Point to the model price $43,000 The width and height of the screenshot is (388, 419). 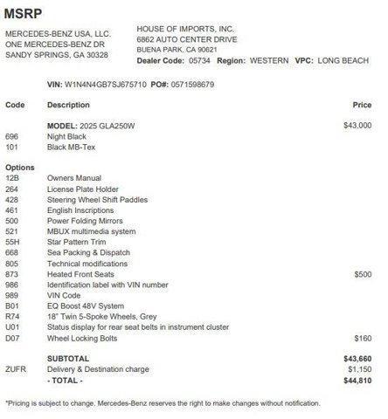click(x=358, y=126)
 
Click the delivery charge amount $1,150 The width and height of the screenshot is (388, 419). click(x=359, y=369)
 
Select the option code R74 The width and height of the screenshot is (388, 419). click(x=12, y=316)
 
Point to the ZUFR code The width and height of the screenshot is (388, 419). click(x=16, y=369)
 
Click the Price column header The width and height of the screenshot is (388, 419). click(x=362, y=105)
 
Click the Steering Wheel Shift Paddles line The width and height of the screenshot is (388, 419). click(x=95, y=200)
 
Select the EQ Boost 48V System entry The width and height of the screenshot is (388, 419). click(x=85, y=306)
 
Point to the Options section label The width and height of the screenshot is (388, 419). click(x=19, y=166)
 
